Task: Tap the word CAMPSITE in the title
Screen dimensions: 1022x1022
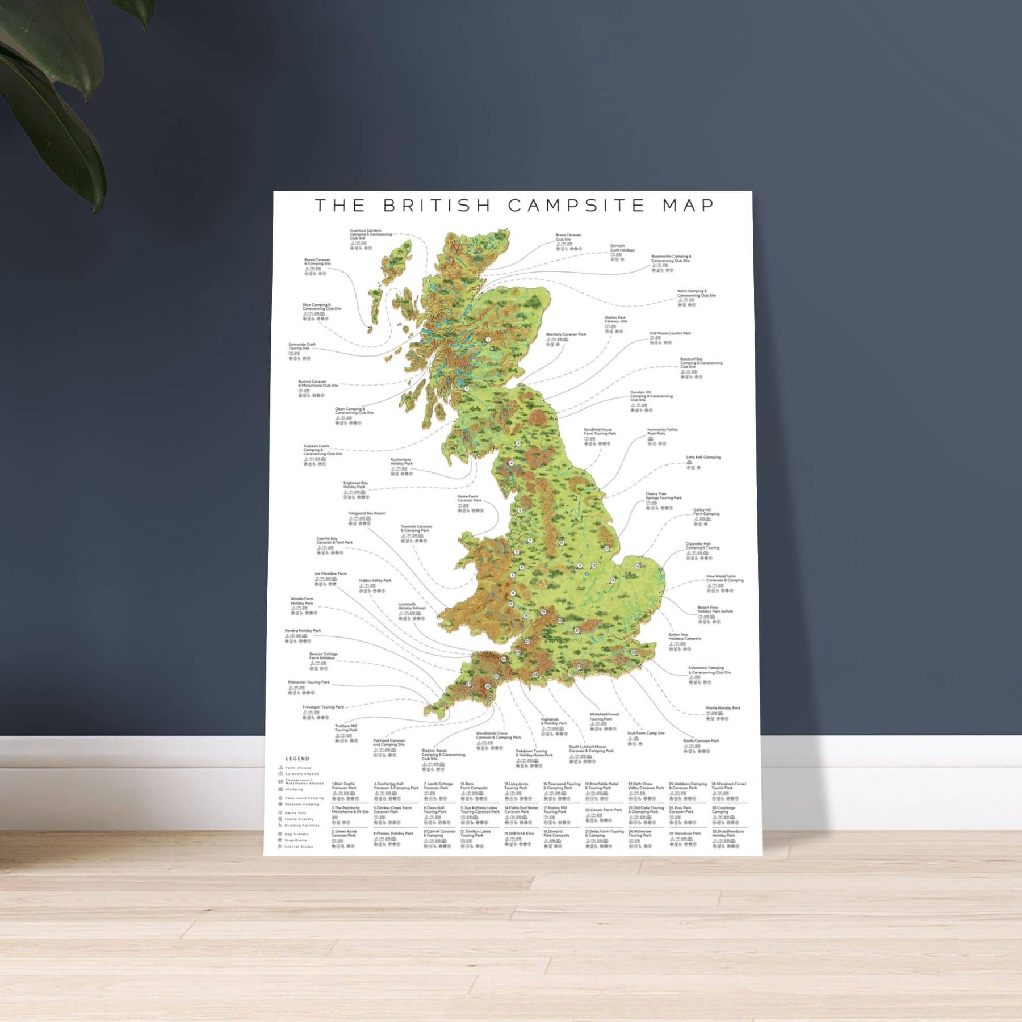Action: click(576, 206)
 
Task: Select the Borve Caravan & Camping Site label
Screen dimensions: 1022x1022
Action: click(317, 262)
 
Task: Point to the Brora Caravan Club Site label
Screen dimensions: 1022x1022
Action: click(568, 237)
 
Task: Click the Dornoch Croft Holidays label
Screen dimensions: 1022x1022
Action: click(622, 248)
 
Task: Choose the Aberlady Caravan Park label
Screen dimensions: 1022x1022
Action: click(566, 334)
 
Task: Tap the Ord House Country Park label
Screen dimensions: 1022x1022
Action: click(670, 333)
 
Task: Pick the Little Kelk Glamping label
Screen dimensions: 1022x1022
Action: click(703, 457)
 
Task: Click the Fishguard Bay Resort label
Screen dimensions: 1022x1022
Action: click(366, 513)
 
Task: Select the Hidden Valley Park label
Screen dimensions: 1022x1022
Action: click(375, 581)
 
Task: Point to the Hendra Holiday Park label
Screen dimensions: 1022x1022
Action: click(303, 631)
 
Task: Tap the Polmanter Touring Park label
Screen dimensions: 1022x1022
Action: click(308, 682)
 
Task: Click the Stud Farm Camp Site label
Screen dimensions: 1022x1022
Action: click(646, 734)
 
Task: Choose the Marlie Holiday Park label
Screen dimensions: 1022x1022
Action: click(723, 708)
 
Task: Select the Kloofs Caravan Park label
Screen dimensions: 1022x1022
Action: click(701, 741)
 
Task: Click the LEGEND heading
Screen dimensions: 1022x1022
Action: click(297, 759)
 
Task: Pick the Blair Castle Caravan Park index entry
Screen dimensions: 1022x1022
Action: click(344, 786)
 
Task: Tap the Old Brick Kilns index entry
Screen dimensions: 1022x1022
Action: click(519, 833)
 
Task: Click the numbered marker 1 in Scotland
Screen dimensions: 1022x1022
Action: click(488, 340)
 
